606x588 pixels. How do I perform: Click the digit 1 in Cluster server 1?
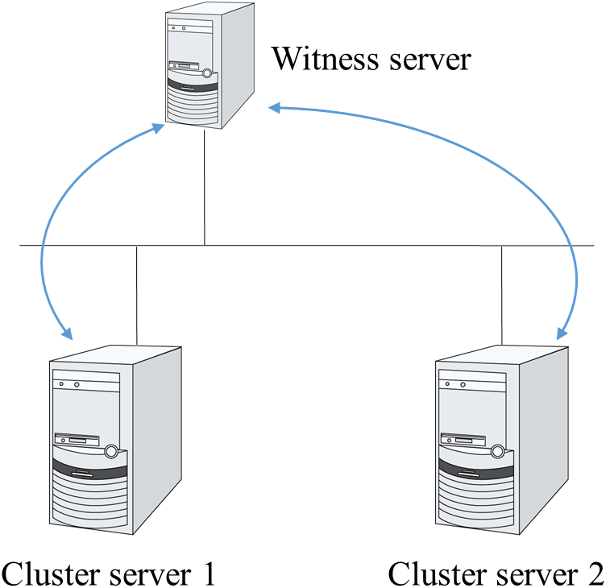pyautogui.click(x=209, y=573)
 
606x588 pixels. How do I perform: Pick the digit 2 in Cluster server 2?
pyautogui.click(x=594, y=573)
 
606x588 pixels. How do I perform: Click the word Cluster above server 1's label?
pyautogui.click(x=48, y=573)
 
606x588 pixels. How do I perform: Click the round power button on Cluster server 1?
pyautogui.click(x=111, y=453)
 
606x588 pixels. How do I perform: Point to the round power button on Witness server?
pyautogui.click(x=208, y=75)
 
